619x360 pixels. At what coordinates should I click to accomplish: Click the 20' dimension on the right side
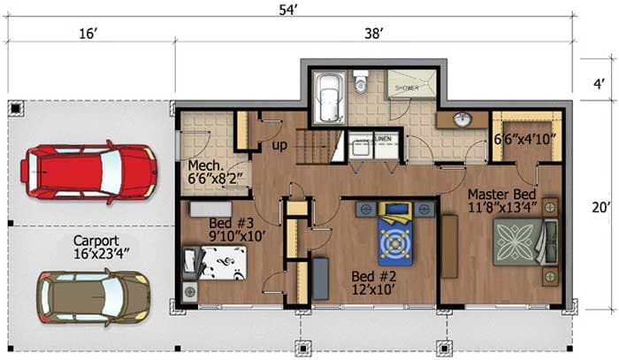[600, 209]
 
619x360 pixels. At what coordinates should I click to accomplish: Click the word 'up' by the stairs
[278, 143]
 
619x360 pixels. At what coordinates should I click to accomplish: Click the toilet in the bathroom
[360, 84]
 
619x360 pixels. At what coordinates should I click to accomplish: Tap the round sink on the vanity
[461, 119]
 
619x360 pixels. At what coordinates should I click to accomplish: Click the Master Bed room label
[501, 201]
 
